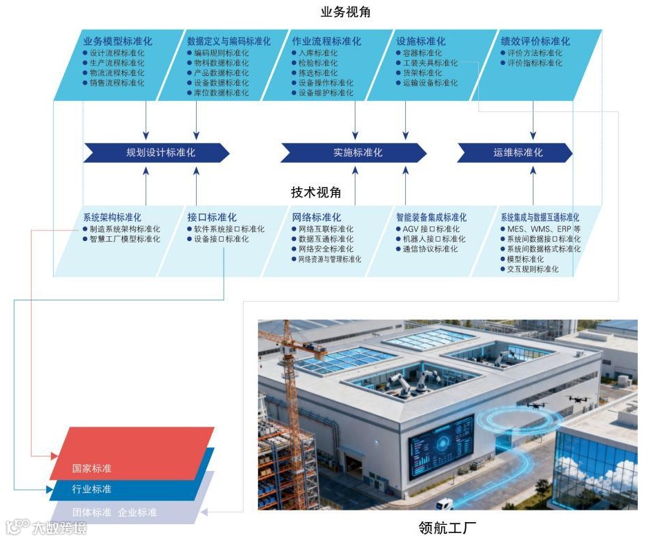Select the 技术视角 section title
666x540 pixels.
pos(316,193)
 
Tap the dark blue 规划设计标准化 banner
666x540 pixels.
pos(156,153)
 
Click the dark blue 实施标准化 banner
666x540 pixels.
pos(353,153)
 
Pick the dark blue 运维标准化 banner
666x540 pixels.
pos(515,153)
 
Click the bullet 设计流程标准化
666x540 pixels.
pos(117,53)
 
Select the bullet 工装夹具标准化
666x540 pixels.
pos(430,63)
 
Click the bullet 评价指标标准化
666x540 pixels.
pos(534,63)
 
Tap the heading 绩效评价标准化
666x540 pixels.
pos(536,41)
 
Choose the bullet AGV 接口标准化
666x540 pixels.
pos(431,229)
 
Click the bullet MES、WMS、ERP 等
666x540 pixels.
pos(543,229)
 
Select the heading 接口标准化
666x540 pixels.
pos(212,218)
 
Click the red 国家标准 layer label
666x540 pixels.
pos(92,468)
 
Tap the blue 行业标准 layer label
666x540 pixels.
pos(92,490)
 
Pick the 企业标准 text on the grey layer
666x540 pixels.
pos(137,512)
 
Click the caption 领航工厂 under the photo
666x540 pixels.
pos(447,528)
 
